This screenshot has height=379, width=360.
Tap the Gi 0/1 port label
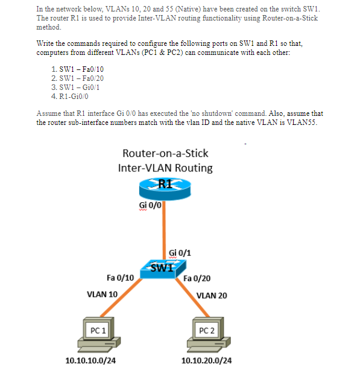180,252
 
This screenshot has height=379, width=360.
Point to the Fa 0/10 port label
120,278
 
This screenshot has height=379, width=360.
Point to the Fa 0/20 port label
196,279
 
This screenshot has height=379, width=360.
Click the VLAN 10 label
103,295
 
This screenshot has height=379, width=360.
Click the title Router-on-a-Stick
165,153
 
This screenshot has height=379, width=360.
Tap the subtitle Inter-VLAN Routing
165,168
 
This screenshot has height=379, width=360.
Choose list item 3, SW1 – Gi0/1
78,87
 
